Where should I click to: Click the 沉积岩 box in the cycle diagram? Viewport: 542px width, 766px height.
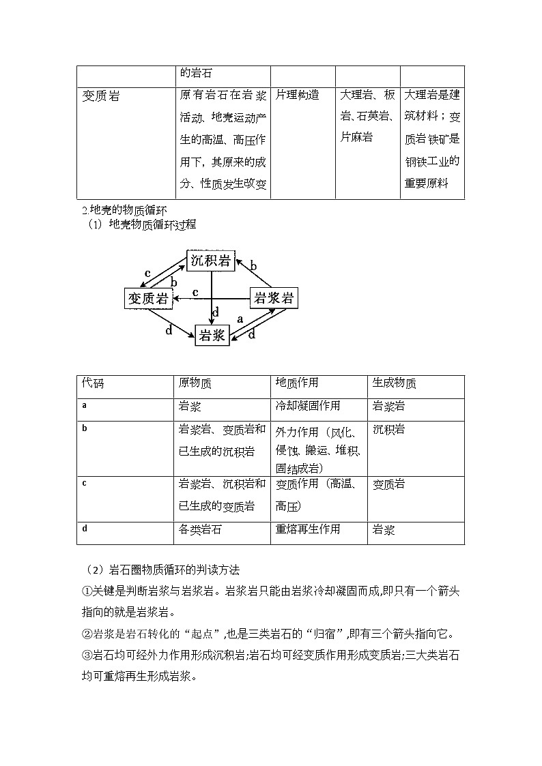(x=211, y=260)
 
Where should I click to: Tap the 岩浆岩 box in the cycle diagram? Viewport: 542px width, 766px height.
(x=273, y=297)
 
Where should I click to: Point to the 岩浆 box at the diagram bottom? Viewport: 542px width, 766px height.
(x=211, y=335)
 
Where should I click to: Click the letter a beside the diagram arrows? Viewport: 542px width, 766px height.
(x=240, y=318)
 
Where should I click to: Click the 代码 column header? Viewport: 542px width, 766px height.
(x=94, y=383)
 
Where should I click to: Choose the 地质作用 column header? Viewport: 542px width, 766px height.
(x=297, y=383)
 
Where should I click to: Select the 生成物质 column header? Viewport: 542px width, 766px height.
(x=394, y=383)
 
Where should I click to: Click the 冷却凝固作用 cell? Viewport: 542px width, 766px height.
(x=308, y=406)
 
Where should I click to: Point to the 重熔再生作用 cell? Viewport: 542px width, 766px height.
(x=308, y=529)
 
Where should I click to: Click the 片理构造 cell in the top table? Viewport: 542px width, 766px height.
(x=298, y=95)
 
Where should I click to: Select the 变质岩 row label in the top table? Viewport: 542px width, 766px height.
(x=100, y=96)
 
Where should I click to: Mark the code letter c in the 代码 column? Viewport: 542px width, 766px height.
(x=84, y=483)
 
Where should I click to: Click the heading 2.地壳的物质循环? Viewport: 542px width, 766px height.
(x=124, y=209)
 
